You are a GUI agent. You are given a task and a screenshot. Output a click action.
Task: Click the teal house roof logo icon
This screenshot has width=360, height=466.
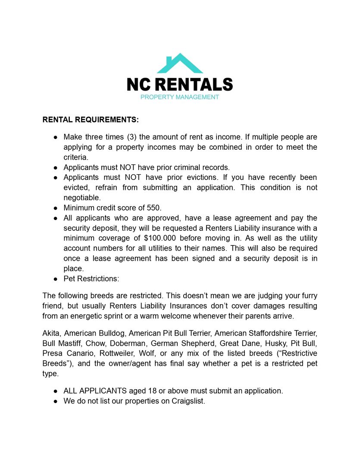[179, 64]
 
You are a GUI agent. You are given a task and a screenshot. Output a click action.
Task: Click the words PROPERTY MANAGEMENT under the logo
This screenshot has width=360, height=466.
[180, 97]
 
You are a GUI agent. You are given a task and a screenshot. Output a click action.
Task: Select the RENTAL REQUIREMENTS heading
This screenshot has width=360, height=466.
[91, 120]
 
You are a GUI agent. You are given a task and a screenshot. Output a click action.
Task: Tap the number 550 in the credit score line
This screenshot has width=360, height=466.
[154, 208]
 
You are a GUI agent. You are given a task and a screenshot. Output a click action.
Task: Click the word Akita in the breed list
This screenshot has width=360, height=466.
[51, 333]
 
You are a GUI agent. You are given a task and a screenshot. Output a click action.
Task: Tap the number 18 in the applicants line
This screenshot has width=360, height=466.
[151, 391]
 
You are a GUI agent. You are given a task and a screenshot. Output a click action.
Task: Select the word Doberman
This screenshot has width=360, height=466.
[125, 343]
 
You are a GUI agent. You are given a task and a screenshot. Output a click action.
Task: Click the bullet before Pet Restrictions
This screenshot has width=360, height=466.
[56, 279]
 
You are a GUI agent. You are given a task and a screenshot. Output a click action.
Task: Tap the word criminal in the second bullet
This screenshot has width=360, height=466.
[185, 167]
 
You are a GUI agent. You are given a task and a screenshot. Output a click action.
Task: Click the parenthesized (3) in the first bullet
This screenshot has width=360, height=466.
[131, 137]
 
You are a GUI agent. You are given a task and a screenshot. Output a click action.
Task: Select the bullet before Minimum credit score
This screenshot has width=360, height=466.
[56, 208]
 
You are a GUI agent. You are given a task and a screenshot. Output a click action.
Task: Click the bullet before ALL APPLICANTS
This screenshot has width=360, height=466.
[56, 391]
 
